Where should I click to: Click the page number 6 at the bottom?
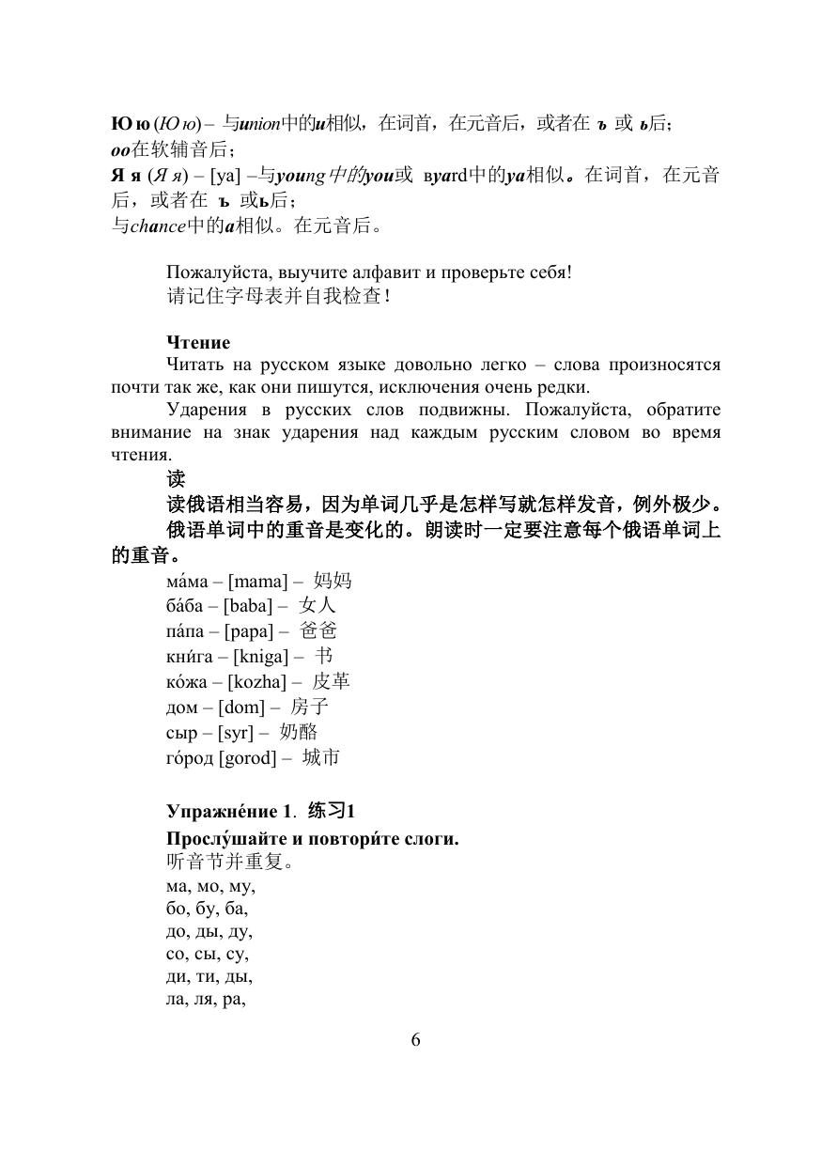[x=415, y=1039]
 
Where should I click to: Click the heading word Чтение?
[x=198, y=343]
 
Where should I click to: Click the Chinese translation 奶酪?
[x=299, y=732]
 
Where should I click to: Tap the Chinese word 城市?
[x=320, y=757]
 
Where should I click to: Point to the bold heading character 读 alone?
[x=176, y=478]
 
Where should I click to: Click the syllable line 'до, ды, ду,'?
[x=209, y=931]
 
